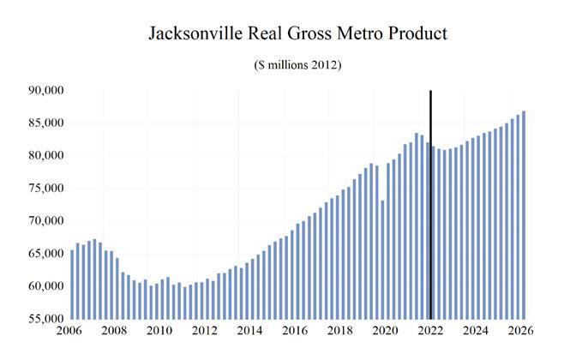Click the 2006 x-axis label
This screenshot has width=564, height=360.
[x=71, y=331]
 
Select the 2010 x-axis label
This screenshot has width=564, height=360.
[x=160, y=331]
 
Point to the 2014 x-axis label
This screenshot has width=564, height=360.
[x=249, y=331]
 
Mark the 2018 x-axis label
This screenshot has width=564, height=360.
[x=339, y=331]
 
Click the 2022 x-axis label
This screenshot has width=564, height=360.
[x=429, y=331]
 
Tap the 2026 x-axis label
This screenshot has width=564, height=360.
[x=519, y=331]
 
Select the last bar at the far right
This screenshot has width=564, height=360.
[x=524, y=214]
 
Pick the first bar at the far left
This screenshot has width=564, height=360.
[x=72, y=283]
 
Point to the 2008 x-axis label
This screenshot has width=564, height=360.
[x=116, y=331]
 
